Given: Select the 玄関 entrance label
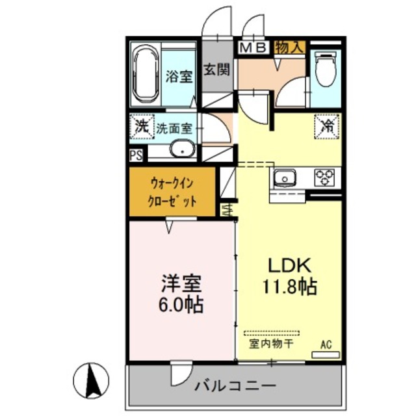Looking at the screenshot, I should [x=216, y=70].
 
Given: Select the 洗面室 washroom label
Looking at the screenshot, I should [x=174, y=128].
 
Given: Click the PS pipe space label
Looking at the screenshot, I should [x=136, y=155].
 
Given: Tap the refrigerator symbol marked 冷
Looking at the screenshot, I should [x=327, y=124].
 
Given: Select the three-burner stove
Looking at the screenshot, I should [x=324, y=177].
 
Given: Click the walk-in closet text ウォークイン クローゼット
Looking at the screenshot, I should [x=172, y=192].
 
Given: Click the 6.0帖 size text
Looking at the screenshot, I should [x=181, y=304].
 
